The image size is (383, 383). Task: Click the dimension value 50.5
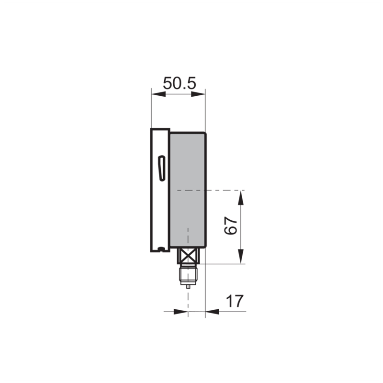tap(180, 83)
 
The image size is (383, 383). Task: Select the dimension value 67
tap(231, 225)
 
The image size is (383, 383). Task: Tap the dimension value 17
tap(235, 301)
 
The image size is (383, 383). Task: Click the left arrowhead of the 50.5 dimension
tap(158, 94)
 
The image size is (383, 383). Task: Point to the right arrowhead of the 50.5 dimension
tap(198, 94)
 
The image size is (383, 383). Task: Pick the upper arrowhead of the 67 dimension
tap(241, 198)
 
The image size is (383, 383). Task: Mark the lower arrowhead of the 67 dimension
tap(241, 256)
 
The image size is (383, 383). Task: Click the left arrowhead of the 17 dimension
tap(181, 312)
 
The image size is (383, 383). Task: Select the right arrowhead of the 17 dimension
tap(212, 312)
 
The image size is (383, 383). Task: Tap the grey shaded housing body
tap(188, 190)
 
